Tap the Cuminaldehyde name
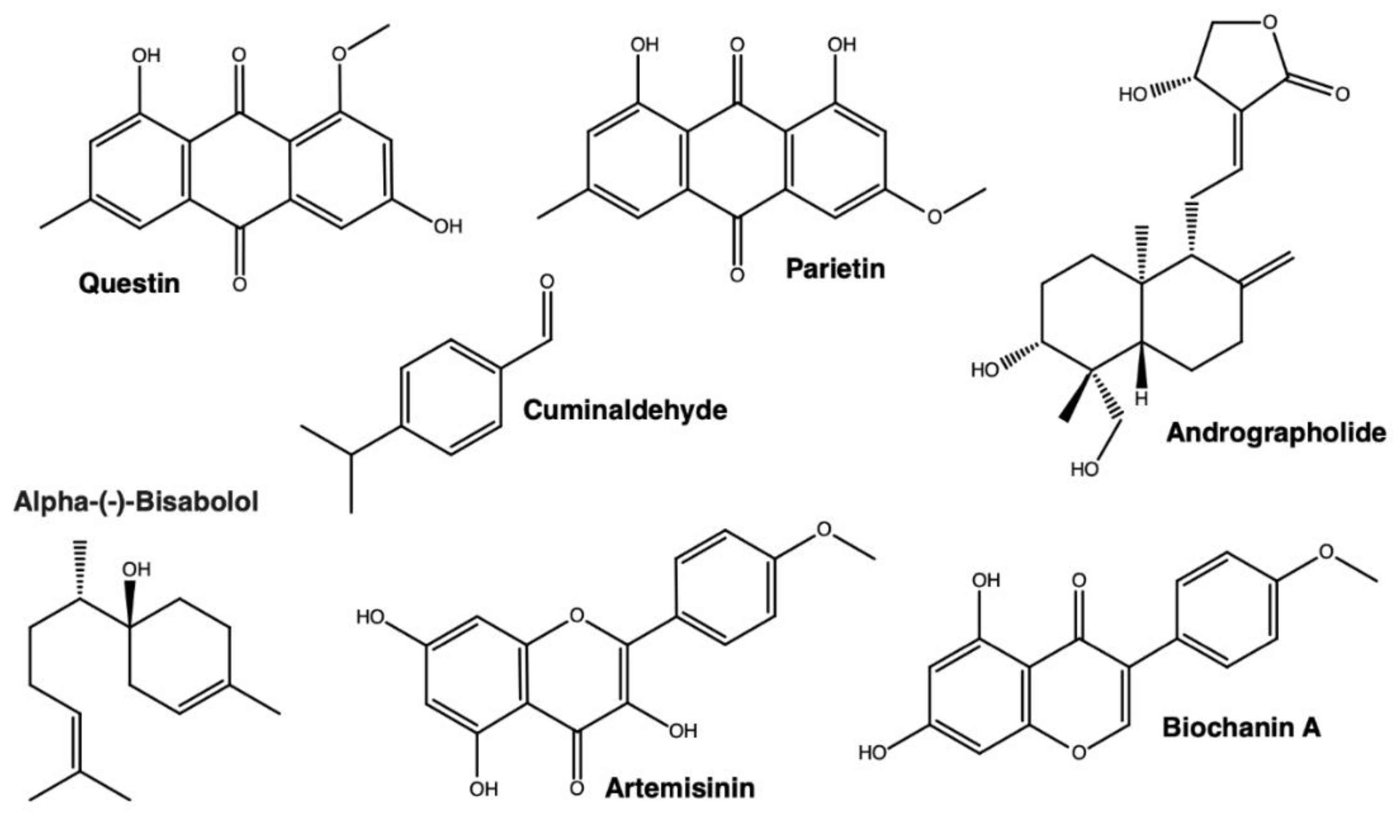point(625,411)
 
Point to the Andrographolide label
point(1276,432)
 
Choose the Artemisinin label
point(680,788)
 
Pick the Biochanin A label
point(1241,728)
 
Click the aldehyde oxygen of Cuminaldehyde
point(547,282)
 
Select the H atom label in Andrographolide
point(1141,398)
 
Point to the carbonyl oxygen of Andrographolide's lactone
point(1342,95)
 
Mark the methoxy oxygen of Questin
point(339,54)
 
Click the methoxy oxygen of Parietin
point(934,216)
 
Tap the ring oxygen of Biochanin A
point(1078,753)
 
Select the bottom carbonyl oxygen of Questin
point(239,284)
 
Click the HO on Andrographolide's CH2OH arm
point(1085,470)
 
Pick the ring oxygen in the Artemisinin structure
point(577,615)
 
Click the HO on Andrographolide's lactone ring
point(1133,95)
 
